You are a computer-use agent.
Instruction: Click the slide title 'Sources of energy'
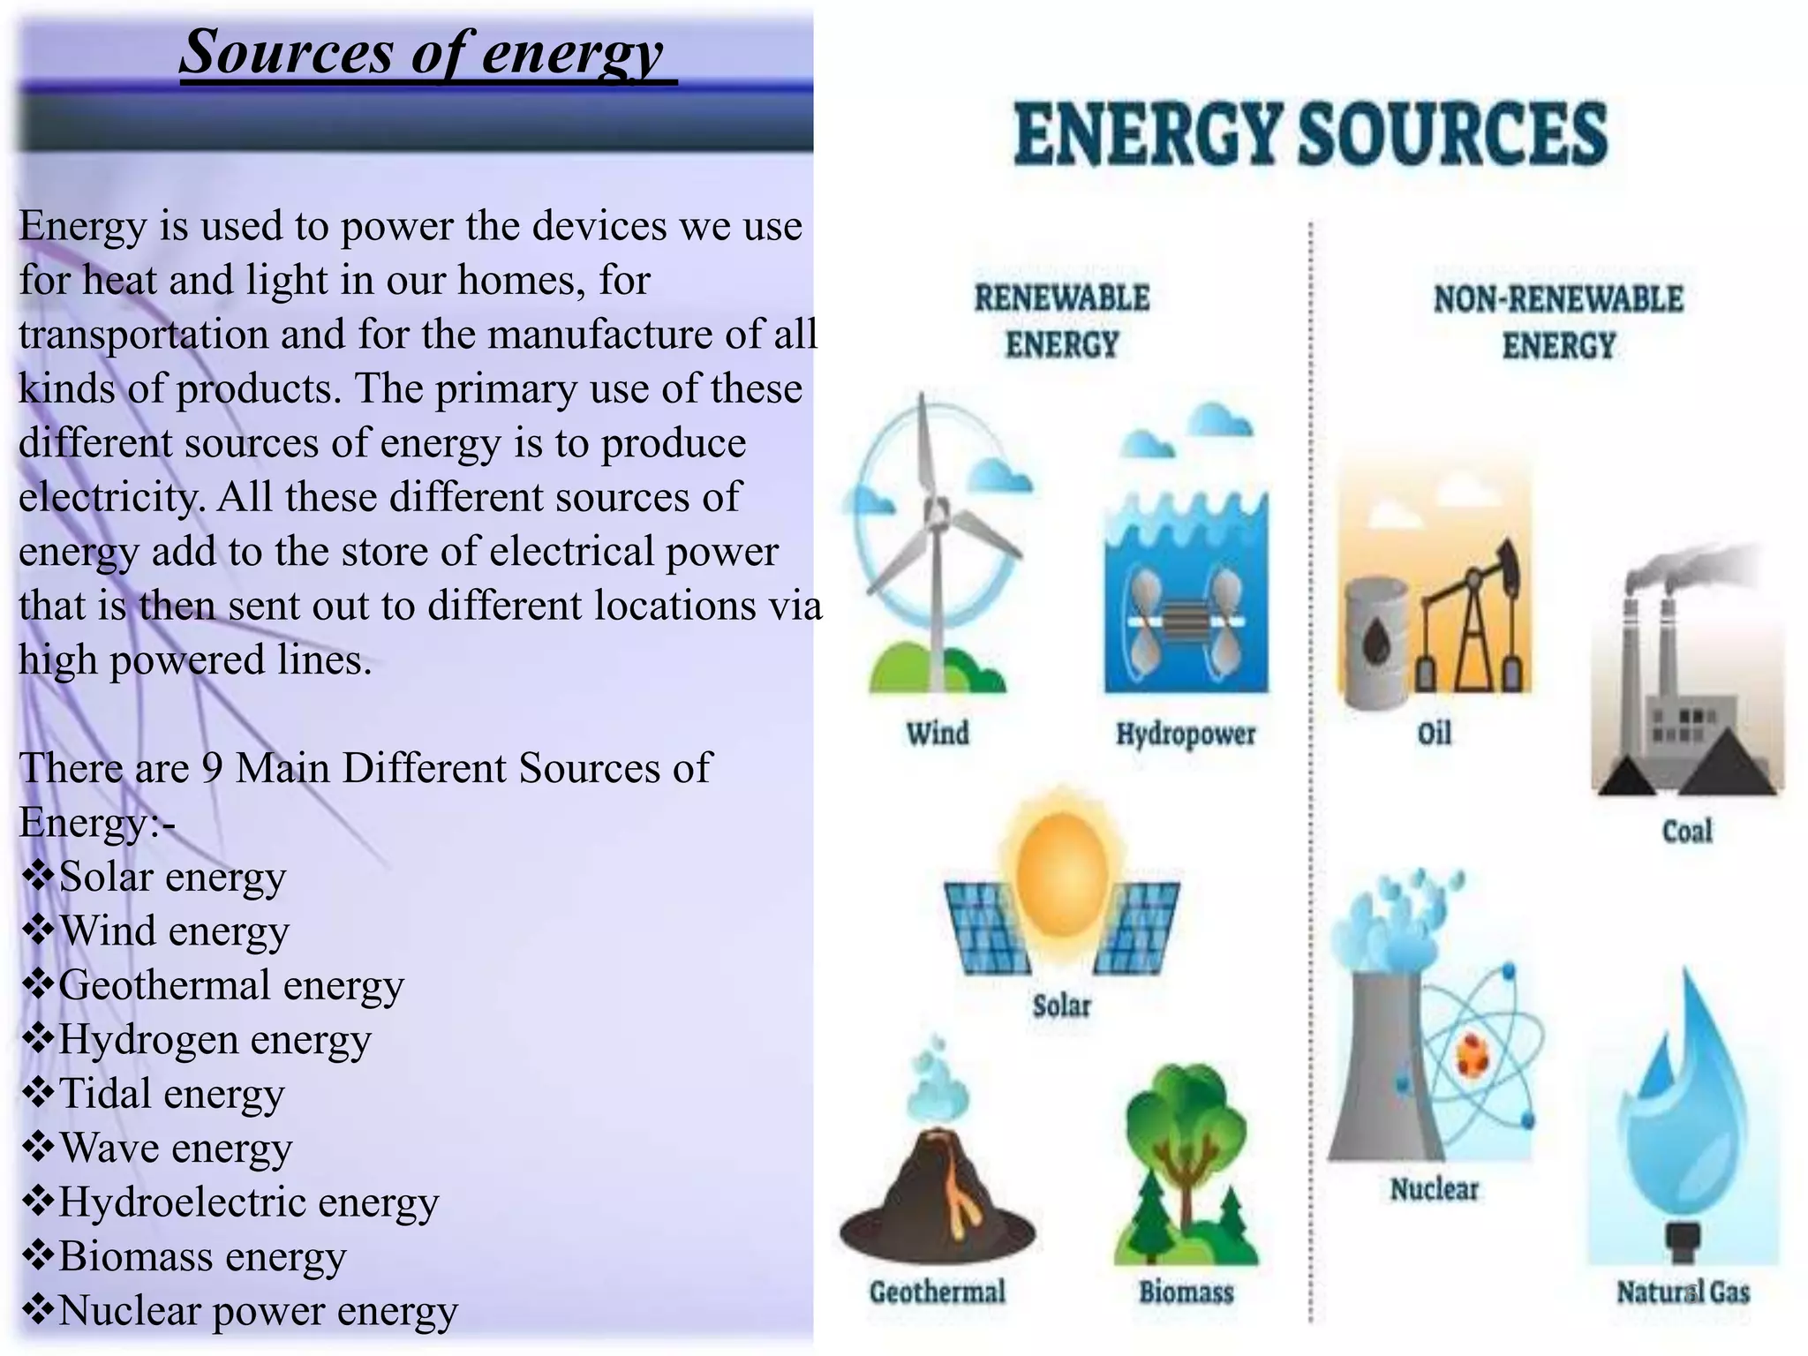(421, 53)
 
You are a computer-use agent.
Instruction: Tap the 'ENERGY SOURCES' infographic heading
(1310, 134)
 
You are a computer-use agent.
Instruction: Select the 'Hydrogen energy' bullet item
(214, 1040)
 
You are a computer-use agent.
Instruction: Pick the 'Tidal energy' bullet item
(170, 1094)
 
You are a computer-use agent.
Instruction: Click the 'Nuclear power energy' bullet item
(257, 1311)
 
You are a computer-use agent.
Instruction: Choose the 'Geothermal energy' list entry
(230, 985)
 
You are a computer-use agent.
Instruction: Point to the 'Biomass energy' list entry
(201, 1256)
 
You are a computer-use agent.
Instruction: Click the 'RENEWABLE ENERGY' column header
(1062, 320)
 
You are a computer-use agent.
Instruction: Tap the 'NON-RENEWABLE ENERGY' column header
(1558, 321)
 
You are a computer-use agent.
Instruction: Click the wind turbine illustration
(936, 539)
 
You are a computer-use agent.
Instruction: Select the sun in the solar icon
(1062, 874)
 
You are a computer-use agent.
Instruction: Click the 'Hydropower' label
(1186, 734)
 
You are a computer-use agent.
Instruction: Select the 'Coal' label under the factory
(1687, 831)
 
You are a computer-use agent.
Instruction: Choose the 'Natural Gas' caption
(1683, 1292)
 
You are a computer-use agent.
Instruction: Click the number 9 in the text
(212, 768)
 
